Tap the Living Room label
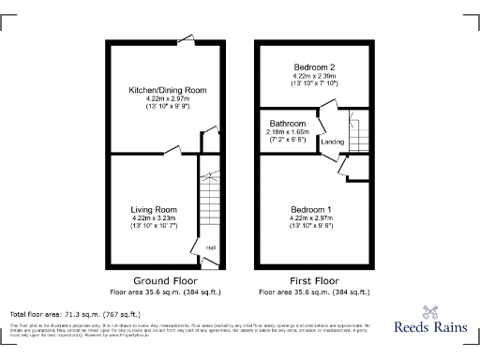[154, 209]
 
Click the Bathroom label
[288, 124]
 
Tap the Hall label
[211, 247]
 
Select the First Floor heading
[312, 279]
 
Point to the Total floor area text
[75, 313]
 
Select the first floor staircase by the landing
[355, 127]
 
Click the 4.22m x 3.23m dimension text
[154, 218]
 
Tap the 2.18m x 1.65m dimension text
[288, 133]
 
